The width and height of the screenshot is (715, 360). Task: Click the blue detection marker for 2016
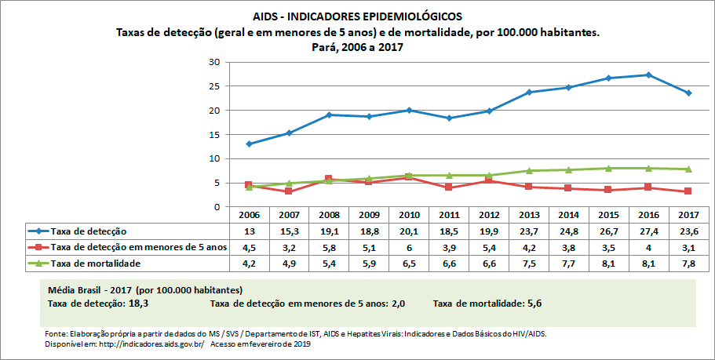[x=648, y=75]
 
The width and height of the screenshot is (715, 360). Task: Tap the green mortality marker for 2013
[x=529, y=170]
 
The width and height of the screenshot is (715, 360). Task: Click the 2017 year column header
[x=689, y=214]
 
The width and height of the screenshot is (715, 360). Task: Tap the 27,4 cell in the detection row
[x=648, y=231]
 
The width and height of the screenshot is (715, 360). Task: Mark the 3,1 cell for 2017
[x=689, y=248]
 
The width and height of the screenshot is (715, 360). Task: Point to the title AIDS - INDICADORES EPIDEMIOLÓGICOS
[x=358, y=16]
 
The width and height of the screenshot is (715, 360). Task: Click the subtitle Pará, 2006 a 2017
[x=358, y=47]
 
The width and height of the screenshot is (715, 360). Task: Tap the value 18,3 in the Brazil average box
[x=140, y=302]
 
